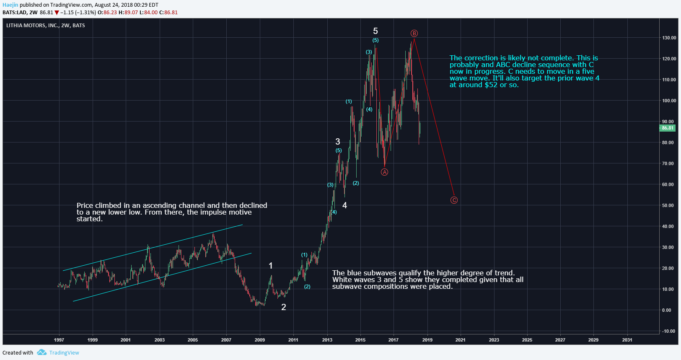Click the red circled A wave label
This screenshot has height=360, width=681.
coord(384,172)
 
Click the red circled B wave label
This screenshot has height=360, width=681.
coord(414,34)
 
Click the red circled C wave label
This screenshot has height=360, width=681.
coord(454,200)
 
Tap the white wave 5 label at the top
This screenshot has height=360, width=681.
coord(375,31)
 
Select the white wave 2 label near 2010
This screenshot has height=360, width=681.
coord(284,307)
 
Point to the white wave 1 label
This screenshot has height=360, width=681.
coord(271,266)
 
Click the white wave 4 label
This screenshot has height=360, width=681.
coord(344,205)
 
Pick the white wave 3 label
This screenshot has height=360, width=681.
coord(338,142)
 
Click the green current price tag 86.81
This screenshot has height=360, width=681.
coord(667,128)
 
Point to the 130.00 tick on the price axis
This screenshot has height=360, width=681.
coord(669,38)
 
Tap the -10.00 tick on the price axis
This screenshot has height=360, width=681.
coord(668,331)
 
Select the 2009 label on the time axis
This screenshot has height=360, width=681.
coord(260,340)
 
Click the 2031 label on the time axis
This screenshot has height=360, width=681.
coord(627,340)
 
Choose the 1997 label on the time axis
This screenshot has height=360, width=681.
coord(59,340)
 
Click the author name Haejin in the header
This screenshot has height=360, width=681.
coord(10,5)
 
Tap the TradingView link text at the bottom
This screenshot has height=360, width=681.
coord(64,352)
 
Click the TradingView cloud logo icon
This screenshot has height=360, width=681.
coord(41,352)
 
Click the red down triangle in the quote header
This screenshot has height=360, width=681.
coord(57,13)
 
